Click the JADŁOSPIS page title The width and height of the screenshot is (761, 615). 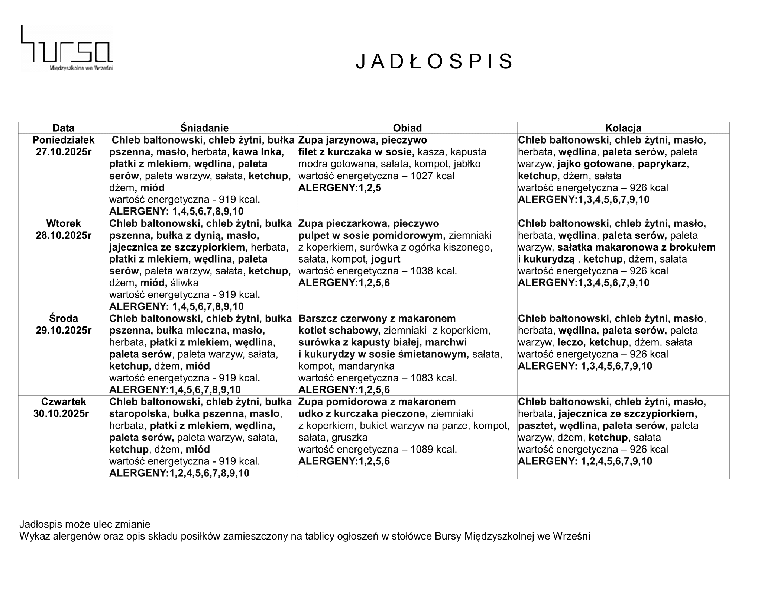pyautogui.click(x=434, y=61)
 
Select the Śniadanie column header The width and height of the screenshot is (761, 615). pyautogui.click(x=204, y=128)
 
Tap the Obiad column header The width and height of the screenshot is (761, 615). pyautogui.click(x=407, y=128)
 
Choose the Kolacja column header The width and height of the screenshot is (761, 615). pyautogui.click(x=623, y=128)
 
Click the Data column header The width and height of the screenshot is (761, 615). pyautogui.click(x=63, y=128)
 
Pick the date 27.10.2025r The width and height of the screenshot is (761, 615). pyautogui.click(x=63, y=152)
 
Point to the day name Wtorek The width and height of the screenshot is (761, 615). pyautogui.click(x=63, y=223)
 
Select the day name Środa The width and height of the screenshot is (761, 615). pyautogui.click(x=63, y=319)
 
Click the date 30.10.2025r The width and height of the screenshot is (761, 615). pyautogui.click(x=61, y=414)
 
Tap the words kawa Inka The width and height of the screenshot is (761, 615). pyautogui.click(x=258, y=152)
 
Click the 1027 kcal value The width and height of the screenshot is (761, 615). pyautogui.click(x=432, y=176)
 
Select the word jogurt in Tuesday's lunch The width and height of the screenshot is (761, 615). pyautogui.click(x=386, y=259)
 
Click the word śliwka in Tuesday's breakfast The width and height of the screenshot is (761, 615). pyautogui.click(x=184, y=283)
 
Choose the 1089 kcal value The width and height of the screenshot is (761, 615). pyautogui.click(x=433, y=450)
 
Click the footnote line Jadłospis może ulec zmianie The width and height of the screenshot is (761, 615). pyautogui.click(x=85, y=524)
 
